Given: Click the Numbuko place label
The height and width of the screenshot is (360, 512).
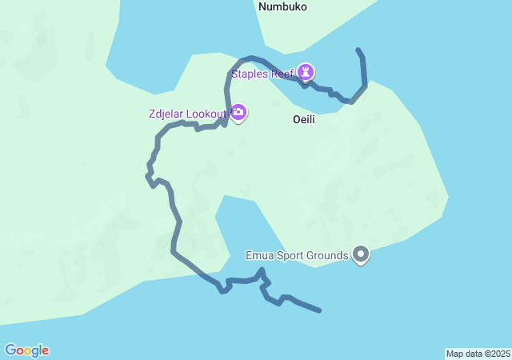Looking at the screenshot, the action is click(282, 6).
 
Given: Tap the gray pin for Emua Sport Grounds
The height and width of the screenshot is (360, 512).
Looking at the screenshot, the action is click(361, 255).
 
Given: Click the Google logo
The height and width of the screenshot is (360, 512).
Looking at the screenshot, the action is click(26, 350).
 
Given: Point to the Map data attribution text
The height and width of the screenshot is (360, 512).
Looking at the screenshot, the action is click(478, 354).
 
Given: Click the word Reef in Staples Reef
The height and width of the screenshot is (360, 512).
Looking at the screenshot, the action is click(282, 74).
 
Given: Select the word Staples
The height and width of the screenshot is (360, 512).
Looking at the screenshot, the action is click(250, 74).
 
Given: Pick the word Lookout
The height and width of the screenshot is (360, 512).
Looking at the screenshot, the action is click(205, 114).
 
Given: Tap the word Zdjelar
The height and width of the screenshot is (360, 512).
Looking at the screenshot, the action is click(166, 114).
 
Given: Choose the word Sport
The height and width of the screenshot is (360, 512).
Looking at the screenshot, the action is click(290, 256).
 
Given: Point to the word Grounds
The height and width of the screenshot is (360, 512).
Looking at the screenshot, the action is click(328, 256).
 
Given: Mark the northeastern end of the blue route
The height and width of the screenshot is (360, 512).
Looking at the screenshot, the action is click(358, 50).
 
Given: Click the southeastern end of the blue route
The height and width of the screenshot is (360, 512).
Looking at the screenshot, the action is click(320, 310).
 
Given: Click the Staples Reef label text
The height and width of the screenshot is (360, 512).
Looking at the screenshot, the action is click(263, 74).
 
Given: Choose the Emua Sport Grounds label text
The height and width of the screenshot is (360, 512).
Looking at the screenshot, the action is click(297, 256).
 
